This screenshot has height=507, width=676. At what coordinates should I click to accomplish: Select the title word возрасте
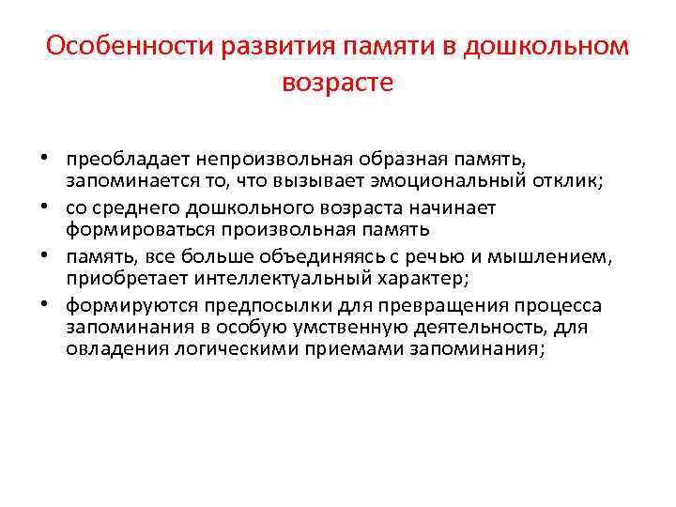pyautogui.click(x=337, y=83)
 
